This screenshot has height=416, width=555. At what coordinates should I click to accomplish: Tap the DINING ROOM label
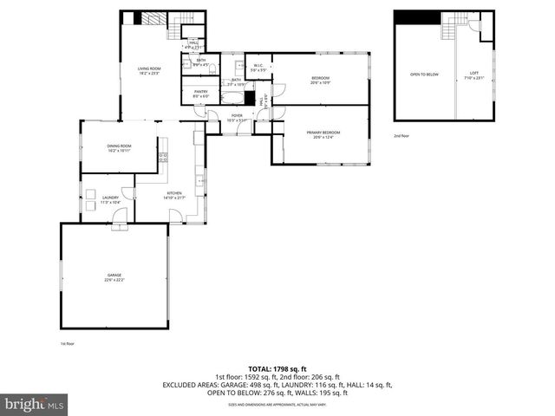coord(119,147)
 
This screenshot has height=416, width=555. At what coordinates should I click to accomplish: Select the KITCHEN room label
coord(174,195)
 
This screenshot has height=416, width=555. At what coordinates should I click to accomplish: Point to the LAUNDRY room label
coord(110,199)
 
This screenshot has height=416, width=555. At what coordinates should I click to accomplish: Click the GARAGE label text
coord(114,277)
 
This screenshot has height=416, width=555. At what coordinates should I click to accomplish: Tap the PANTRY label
coord(200,93)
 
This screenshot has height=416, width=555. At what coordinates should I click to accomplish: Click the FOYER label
coord(236,117)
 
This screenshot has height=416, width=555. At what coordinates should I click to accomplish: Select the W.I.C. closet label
coord(258,68)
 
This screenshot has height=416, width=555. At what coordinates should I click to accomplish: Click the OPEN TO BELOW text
coord(424,75)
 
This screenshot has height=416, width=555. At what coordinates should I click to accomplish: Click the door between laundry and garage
coord(120,222)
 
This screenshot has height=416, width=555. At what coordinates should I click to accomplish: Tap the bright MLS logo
coord(35,404)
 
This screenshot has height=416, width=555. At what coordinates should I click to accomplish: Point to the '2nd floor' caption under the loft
coord(402,136)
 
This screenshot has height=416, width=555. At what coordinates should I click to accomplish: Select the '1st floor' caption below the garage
coord(68,344)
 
